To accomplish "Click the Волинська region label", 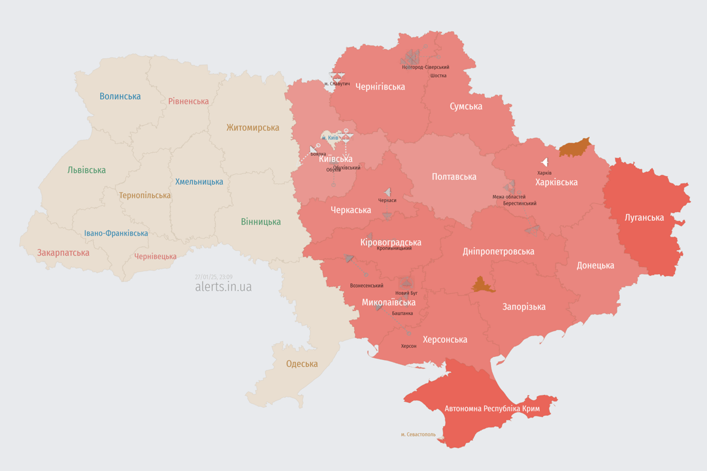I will tap(120, 96).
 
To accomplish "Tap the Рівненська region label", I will tap(188, 101).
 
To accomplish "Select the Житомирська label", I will tap(252, 128).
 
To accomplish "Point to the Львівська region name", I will tap(87, 170).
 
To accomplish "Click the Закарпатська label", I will tap(63, 253).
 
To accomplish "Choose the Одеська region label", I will tap(302, 364).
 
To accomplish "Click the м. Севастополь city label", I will tap(418, 435).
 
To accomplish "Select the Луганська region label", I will tap(644, 217).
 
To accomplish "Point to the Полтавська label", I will tap(454, 177).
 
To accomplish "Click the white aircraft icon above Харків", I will tap(544, 163).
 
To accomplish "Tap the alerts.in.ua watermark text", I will tap(223, 286).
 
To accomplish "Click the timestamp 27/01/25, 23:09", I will tap(214, 277).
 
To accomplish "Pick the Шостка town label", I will tap(438, 75).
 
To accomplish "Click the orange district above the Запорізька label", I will tap(483, 285).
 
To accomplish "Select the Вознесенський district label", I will tap(366, 285).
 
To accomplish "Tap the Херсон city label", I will tap(409, 346).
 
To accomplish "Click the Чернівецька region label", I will tap(155, 256).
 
